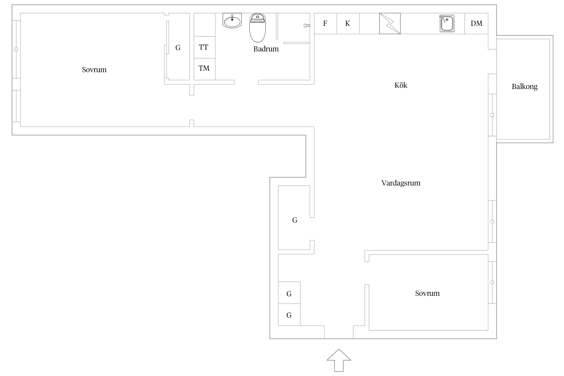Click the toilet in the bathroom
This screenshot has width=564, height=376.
click(x=257, y=28)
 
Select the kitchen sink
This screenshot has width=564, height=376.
click(x=447, y=24)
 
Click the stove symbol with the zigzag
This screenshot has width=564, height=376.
click(x=390, y=24)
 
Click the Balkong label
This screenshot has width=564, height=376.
click(x=524, y=87)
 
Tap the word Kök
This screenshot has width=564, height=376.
click(x=401, y=85)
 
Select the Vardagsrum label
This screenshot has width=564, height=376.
click(x=401, y=183)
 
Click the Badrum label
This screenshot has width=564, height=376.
click(x=266, y=49)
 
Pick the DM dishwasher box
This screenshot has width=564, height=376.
click(x=476, y=24)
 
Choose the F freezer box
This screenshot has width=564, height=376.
click(x=325, y=24)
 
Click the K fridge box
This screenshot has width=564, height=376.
click(x=347, y=24)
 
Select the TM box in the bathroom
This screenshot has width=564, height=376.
click(x=204, y=68)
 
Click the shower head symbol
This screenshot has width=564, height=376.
click(x=307, y=26)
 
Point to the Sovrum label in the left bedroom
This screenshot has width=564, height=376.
click(x=94, y=70)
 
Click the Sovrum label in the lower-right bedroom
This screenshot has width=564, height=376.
click(x=427, y=293)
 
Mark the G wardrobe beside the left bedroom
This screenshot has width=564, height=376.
click(x=178, y=48)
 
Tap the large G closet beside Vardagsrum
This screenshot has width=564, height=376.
click(x=294, y=220)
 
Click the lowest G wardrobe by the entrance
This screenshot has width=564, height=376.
click(x=289, y=315)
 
